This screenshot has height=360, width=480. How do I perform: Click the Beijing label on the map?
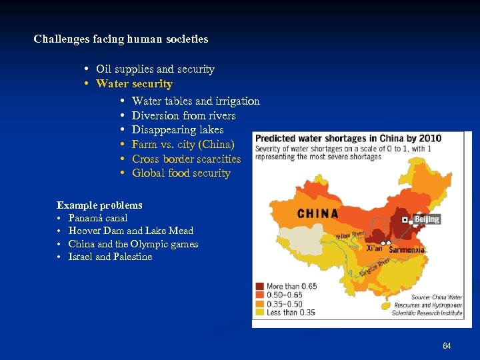(x=427, y=219)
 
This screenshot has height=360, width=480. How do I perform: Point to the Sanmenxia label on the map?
(x=407, y=250)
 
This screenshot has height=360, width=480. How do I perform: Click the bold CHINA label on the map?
(x=317, y=214)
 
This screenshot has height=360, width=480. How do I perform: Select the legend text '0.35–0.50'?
(x=285, y=303)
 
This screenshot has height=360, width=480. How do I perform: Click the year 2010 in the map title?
(x=429, y=138)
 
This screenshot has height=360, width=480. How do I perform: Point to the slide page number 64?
(x=447, y=346)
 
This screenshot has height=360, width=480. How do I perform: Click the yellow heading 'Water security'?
(x=134, y=84)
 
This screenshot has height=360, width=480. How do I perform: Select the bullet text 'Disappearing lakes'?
(x=177, y=130)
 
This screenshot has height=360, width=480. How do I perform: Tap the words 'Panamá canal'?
(x=98, y=218)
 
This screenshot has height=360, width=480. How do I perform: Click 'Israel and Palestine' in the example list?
(x=110, y=257)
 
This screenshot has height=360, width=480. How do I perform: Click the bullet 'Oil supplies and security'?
(x=155, y=69)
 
